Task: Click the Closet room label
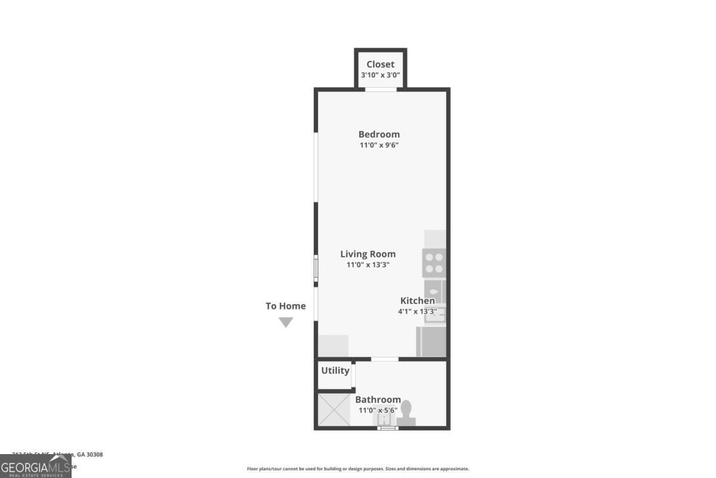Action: pyautogui.click(x=380, y=65)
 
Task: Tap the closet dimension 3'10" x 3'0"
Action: pyautogui.click(x=380, y=76)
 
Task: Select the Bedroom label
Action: pyautogui.click(x=379, y=134)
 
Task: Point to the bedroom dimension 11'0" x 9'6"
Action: pyautogui.click(x=379, y=145)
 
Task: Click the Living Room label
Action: pyautogui.click(x=368, y=254)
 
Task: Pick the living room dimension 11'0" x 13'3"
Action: pyautogui.click(x=368, y=265)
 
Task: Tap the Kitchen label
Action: pyautogui.click(x=417, y=301)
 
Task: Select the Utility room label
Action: pyautogui.click(x=335, y=370)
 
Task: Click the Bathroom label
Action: pyautogui.click(x=378, y=400)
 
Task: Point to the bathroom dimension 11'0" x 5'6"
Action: pyautogui.click(x=378, y=410)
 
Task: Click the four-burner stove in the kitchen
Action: pyautogui.click(x=434, y=263)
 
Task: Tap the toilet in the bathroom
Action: pyautogui.click(x=406, y=414)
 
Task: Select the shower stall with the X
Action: pyautogui.click(x=333, y=409)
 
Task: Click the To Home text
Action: pyautogui.click(x=285, y=306)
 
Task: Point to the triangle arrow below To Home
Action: pyautogui.click(x=286, y=322)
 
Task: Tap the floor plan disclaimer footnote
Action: pyautogui.click(x=358, y=469)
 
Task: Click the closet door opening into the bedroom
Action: pyautogui.click(x=381, y=90)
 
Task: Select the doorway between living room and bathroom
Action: pyautogui.click(x=385, y=359)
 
